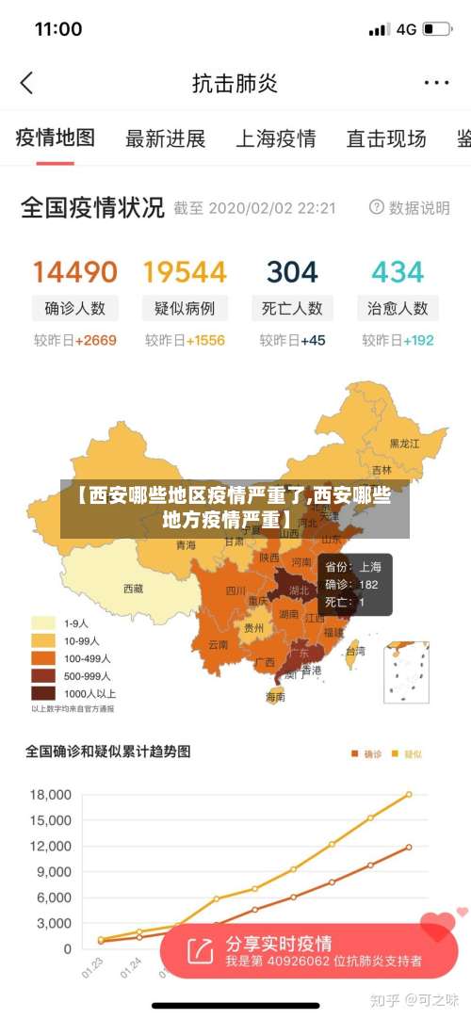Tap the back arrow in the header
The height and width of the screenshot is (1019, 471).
click(x=26, y=83)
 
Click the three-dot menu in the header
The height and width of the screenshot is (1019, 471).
click(x=436, y=83)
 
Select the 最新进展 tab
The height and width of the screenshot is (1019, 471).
click(x=166, y=139)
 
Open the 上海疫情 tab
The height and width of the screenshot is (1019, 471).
click(x=275, y=139)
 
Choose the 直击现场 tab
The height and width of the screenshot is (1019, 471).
click(x=386, y=139)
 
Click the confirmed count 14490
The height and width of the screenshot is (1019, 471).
click(x=75, y=272)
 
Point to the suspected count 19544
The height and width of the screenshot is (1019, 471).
click(x=185, y=272)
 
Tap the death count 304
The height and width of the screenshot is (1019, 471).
click(x=292, y=272)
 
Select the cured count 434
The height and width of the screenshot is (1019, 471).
click(x=398, y=272)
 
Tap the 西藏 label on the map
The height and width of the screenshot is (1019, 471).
click(x=133, y=589)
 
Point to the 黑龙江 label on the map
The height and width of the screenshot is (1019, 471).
click(x=405, y=443)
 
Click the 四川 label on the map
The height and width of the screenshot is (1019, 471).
click(x=235, y=591)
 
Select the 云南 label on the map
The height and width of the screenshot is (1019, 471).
click(x=218, y=645)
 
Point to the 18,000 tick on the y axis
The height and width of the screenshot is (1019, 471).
click(x=51, y=795)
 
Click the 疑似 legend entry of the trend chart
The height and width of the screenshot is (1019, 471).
click(x=407, y=753)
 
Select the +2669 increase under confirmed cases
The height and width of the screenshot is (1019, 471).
click(x=96, y=340)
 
